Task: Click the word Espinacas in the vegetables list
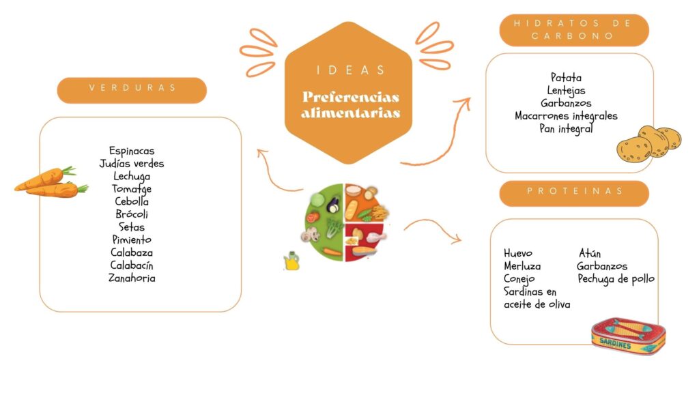point(132,151)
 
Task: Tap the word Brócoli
point(132,214)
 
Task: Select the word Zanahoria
point(132,278)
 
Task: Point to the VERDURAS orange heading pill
point(132,91)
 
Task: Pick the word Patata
point(566,78)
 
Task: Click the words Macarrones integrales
point(566,116)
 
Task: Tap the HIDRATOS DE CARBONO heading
point(574,30)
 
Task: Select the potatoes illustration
point(648,143)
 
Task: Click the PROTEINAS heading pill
point(574,193)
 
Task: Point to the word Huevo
point(518,253)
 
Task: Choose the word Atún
point(589,253)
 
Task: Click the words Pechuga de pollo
point(616,279)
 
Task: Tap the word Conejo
point(519,279)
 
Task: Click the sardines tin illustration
point(629,336)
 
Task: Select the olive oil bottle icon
point(291,261)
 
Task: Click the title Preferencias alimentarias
point(350,104)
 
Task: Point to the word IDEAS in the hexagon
point(351,70)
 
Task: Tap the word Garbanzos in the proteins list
point(602,266)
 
